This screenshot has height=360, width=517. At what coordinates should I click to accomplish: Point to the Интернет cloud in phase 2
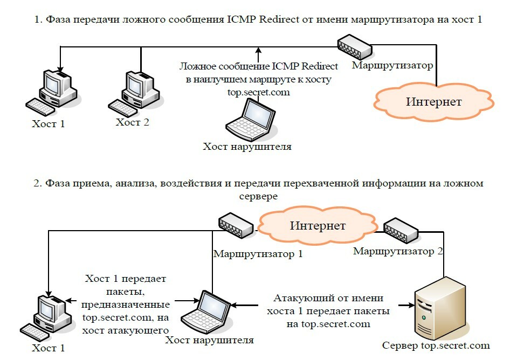318,225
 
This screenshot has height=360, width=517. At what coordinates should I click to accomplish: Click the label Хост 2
132,122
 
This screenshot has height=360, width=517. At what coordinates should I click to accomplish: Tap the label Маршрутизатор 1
258,253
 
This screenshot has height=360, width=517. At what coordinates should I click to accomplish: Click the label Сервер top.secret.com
436,345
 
